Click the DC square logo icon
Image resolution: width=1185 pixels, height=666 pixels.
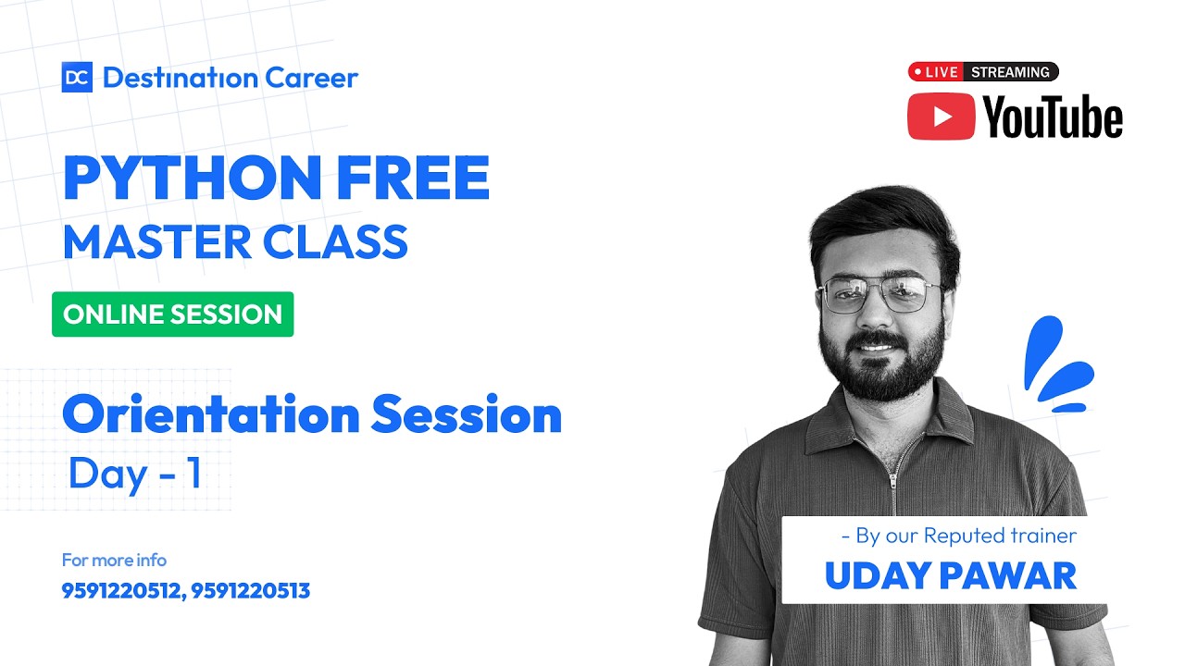coord(77,78)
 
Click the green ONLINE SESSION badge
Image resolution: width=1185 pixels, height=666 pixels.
coord(172,314)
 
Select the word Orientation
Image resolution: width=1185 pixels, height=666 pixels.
coord(210,415)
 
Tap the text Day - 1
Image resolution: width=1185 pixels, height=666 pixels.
coord(135,474)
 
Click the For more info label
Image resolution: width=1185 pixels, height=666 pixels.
coord(114,560)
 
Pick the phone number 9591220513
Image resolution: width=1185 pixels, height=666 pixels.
coord(251,590)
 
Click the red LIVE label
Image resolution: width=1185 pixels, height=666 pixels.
coord(935,72)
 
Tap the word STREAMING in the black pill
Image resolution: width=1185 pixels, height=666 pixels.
coord(1010,72)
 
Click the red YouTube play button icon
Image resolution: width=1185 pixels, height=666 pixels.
coord(941,117)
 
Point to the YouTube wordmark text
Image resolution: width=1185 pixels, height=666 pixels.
coord(1053,118)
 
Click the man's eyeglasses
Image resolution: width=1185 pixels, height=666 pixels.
coord(881,295)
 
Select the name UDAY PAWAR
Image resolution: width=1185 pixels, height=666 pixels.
coord(950,575)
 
